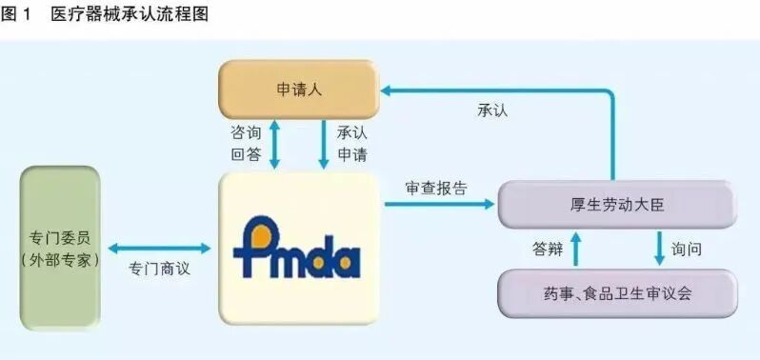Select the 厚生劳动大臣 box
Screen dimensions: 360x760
tap(617, 204)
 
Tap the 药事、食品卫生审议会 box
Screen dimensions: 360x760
tap(617, 292)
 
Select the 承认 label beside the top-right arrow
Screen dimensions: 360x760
tap(492, 110)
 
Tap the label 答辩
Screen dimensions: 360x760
tap(550, 249)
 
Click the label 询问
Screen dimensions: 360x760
tap(686, 249)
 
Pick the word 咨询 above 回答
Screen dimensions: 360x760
tap(245, 131)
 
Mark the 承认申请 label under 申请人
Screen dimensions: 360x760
tap(351, 143)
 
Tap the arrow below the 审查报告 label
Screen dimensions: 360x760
tap(439, 204)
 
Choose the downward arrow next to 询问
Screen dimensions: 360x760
tap(659, 249)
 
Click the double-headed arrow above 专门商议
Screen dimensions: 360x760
tap(159, 248)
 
